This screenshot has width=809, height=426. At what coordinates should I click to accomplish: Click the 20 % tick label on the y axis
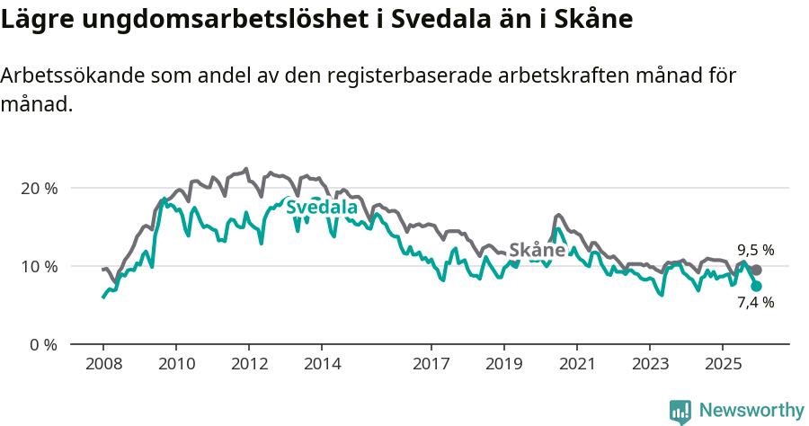tap(38, 189)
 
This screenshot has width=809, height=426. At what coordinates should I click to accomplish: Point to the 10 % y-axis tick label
tap(38, 267)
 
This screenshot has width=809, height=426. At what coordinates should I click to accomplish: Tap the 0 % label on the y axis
tap(41, 345)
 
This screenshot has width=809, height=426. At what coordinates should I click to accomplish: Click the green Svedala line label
tap(322, 209)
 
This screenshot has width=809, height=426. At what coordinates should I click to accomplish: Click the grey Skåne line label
tap(538, 250)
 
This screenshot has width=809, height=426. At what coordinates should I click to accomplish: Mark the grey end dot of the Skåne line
tap(756, 270)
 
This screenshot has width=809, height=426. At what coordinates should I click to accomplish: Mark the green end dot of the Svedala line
tap(756, 286)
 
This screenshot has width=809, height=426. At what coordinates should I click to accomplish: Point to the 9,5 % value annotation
tap(755, 251)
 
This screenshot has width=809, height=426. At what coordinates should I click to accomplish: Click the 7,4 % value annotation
tap(755, 303)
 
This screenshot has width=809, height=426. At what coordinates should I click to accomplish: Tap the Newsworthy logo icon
tap(680, 411)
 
